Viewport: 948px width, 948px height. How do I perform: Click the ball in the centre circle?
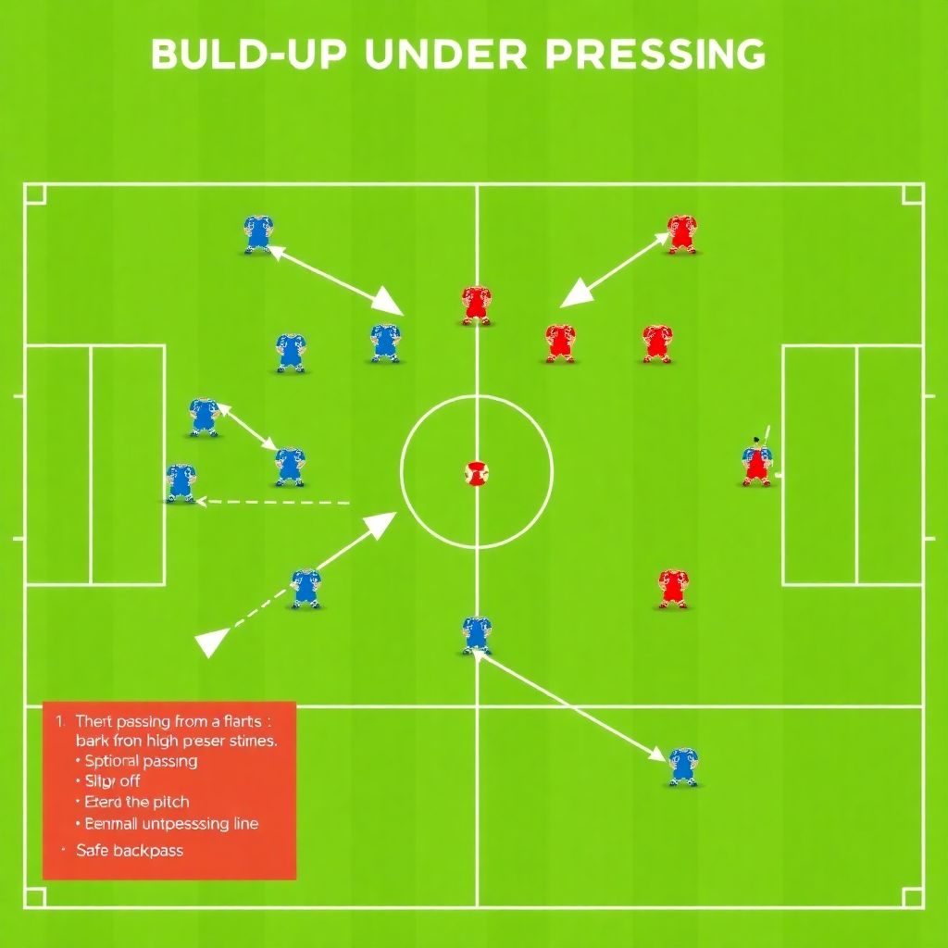(x=476, y=473)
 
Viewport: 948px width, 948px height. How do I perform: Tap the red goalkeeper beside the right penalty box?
(x=756, y=462)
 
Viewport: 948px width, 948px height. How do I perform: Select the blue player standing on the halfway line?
(x=477, y=634)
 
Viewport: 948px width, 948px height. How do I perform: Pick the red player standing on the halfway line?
(x=476, y=305)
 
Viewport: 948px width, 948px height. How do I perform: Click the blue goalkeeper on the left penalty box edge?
(x=181, y=482)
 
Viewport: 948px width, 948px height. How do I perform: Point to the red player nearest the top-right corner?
(x=681, y=234)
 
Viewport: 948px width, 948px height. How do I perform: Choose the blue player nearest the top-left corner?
(x=258, y=233)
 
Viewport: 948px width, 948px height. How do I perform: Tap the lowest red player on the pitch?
(x=673, y=588)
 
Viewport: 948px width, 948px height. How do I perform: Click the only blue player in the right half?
(x=682, y=766)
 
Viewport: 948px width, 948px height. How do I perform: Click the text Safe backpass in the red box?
(x=130, y=850)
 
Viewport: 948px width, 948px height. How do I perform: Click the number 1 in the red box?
(x=60, y=720)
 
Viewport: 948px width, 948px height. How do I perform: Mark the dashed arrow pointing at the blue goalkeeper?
(x=274, y=503)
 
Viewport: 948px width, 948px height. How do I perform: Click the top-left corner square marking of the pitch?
(x=34, y=193)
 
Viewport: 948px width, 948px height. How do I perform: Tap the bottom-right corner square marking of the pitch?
(x=913, y=897)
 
